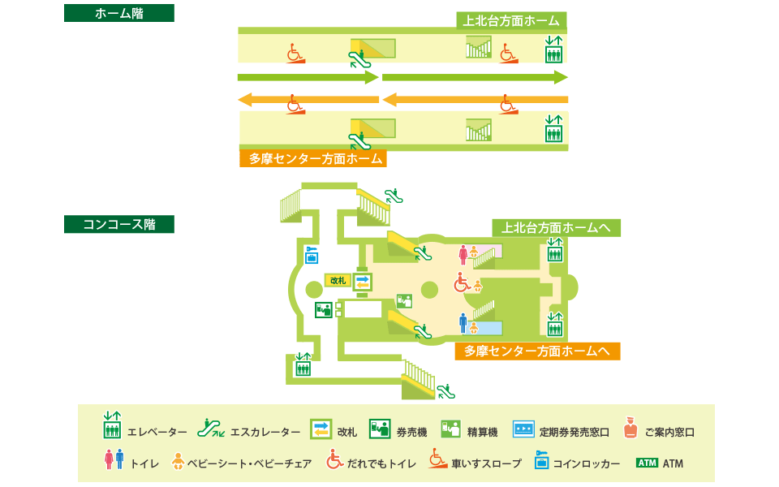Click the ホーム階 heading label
118,13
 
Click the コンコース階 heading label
118,224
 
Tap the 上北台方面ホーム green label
510,21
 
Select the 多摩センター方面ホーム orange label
313,159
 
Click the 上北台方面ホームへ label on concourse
556,228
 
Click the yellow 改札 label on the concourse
337,280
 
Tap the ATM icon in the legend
647,463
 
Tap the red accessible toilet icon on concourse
462,283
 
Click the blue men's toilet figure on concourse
463,324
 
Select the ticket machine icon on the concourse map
324,309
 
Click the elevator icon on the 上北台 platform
554,50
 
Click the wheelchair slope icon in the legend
437,460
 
